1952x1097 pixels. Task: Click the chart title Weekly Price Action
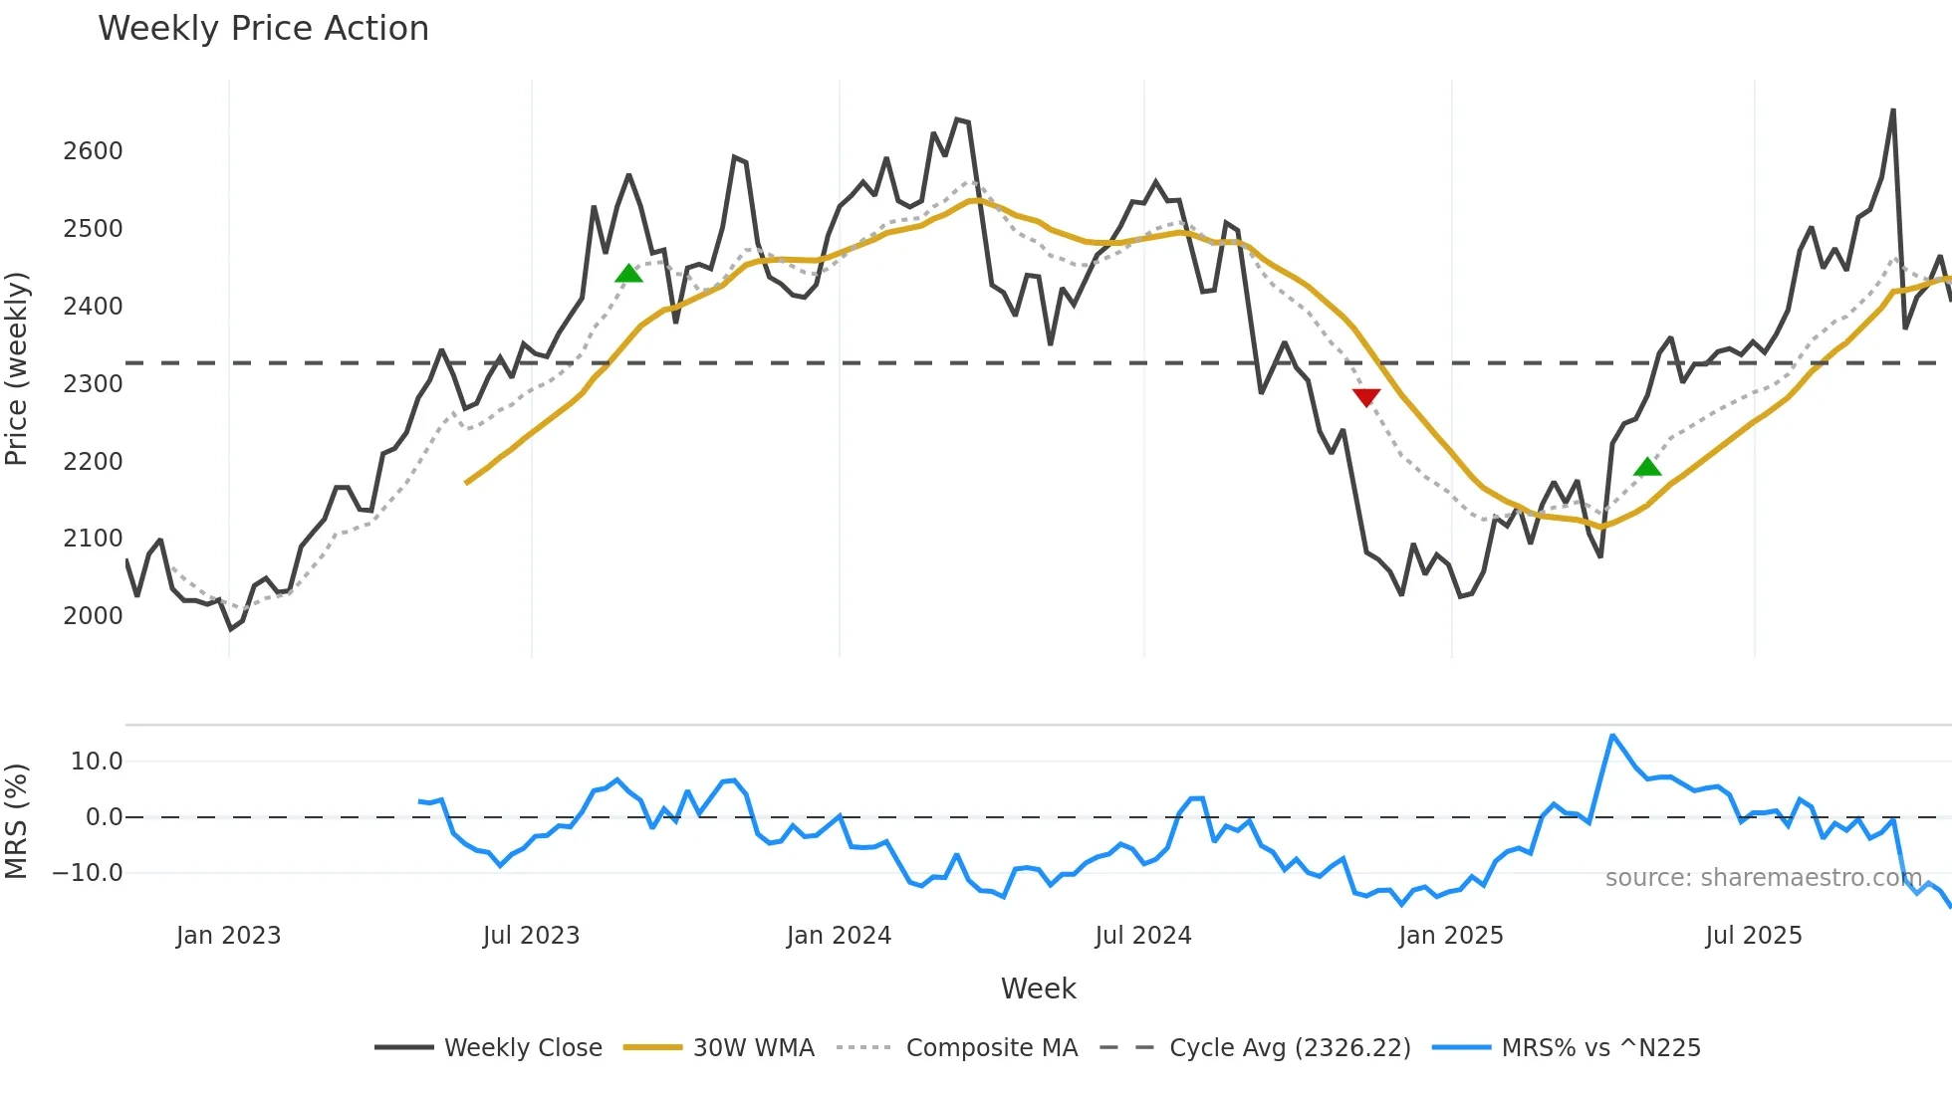[x=263, y=29]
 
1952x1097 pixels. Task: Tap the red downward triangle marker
[x=1366, y=397]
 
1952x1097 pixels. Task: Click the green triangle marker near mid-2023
[x=628, y=274]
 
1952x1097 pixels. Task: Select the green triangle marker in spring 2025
[x=1647, y=467]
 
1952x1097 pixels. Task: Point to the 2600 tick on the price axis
[x=93, y=151]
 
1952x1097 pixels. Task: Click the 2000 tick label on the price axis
[x=93, y=616]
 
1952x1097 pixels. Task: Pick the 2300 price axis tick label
[x=93, y=384]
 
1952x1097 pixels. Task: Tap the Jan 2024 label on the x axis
[x=839, y=936]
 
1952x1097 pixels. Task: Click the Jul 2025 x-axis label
[x=1754, y=936]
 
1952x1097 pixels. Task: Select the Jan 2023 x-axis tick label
[x=228, y=936]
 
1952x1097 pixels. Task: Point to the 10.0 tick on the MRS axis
[x=97, y=763]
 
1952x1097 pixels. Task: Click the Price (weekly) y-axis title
[x=17, y=368]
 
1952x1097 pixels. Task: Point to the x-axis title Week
[x=1038, y=988]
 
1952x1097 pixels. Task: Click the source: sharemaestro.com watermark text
[x=1763, y=878]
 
